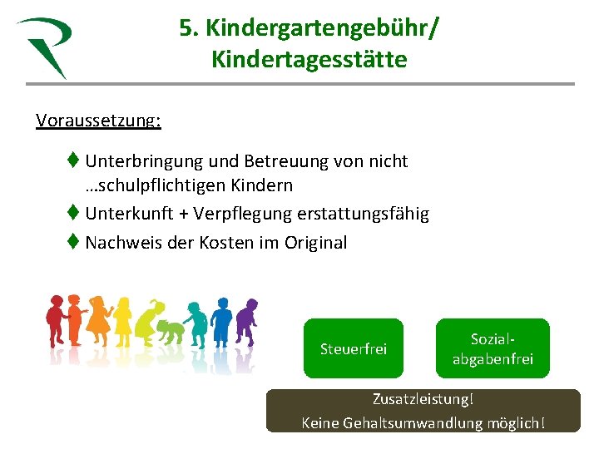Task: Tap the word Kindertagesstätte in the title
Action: [309, 60]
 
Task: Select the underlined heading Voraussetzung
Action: [98, 120]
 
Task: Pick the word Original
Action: [313, 243]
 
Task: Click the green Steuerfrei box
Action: [354, 348]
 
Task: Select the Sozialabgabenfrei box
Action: [493, 348]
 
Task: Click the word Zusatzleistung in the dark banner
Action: [423, 400]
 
